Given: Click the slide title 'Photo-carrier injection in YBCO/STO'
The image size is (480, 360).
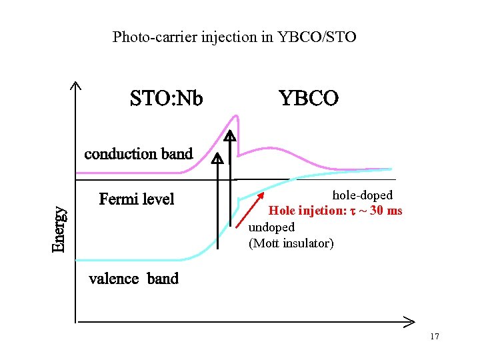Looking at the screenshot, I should coord(235,37).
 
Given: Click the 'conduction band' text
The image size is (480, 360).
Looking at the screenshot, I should coord(138,154).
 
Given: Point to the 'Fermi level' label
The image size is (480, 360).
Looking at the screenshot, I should coord(136,199).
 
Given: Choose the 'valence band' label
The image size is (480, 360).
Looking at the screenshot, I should coord(133,279).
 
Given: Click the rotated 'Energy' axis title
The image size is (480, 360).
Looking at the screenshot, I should coord(59,229).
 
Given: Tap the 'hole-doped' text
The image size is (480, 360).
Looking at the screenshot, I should coord(362,195).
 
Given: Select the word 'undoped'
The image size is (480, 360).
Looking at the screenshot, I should coord(271,227).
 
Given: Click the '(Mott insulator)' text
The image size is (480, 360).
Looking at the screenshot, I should coord(291,243).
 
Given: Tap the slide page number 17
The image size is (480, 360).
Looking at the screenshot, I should coord(435,337).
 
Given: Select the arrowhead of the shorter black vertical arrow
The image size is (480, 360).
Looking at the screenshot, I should coord(218,159).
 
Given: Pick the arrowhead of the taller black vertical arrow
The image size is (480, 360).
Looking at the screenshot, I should coord(229,137).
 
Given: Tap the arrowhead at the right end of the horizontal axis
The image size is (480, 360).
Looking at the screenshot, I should coord(408,323).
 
